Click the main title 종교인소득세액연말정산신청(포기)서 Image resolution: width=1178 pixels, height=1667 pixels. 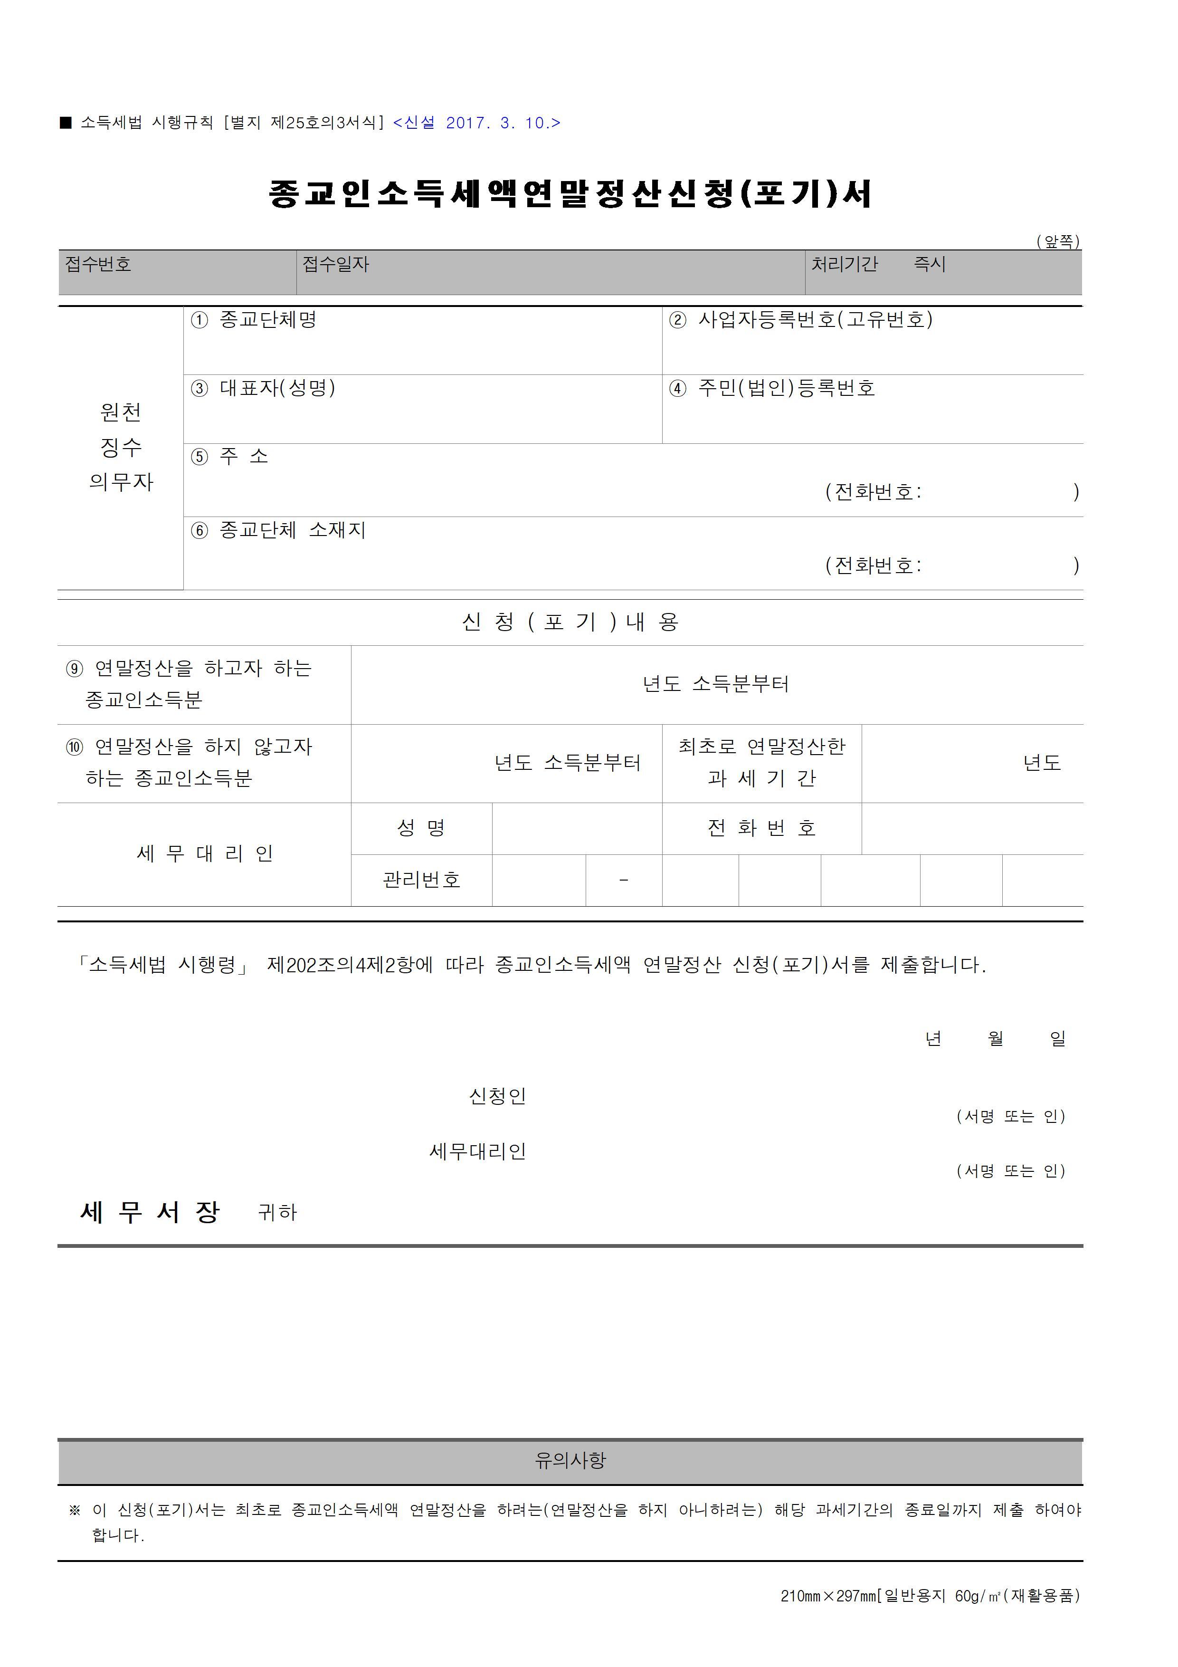pos(570,194)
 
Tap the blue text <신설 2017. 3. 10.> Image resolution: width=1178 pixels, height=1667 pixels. pos(476,123)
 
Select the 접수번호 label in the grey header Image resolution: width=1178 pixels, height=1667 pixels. pos(98,264)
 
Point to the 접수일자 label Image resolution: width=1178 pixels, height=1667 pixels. pos(335,264)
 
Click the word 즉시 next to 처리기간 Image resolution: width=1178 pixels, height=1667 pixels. pos(929,264)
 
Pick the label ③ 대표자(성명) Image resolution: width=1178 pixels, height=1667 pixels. pos(263,388)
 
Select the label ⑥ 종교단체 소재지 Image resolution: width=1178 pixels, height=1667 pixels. pos(278,530)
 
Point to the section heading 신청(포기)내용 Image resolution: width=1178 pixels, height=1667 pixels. pos(570,622)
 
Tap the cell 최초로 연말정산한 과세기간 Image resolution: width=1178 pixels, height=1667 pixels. pos(761,762)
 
